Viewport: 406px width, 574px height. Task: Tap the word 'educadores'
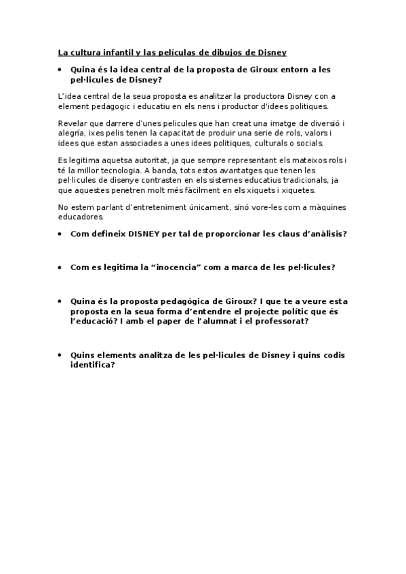coord(81,217)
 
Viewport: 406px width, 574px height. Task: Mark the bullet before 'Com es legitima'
coord(61,267)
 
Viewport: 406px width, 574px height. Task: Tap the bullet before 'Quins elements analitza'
coord(61,355)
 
